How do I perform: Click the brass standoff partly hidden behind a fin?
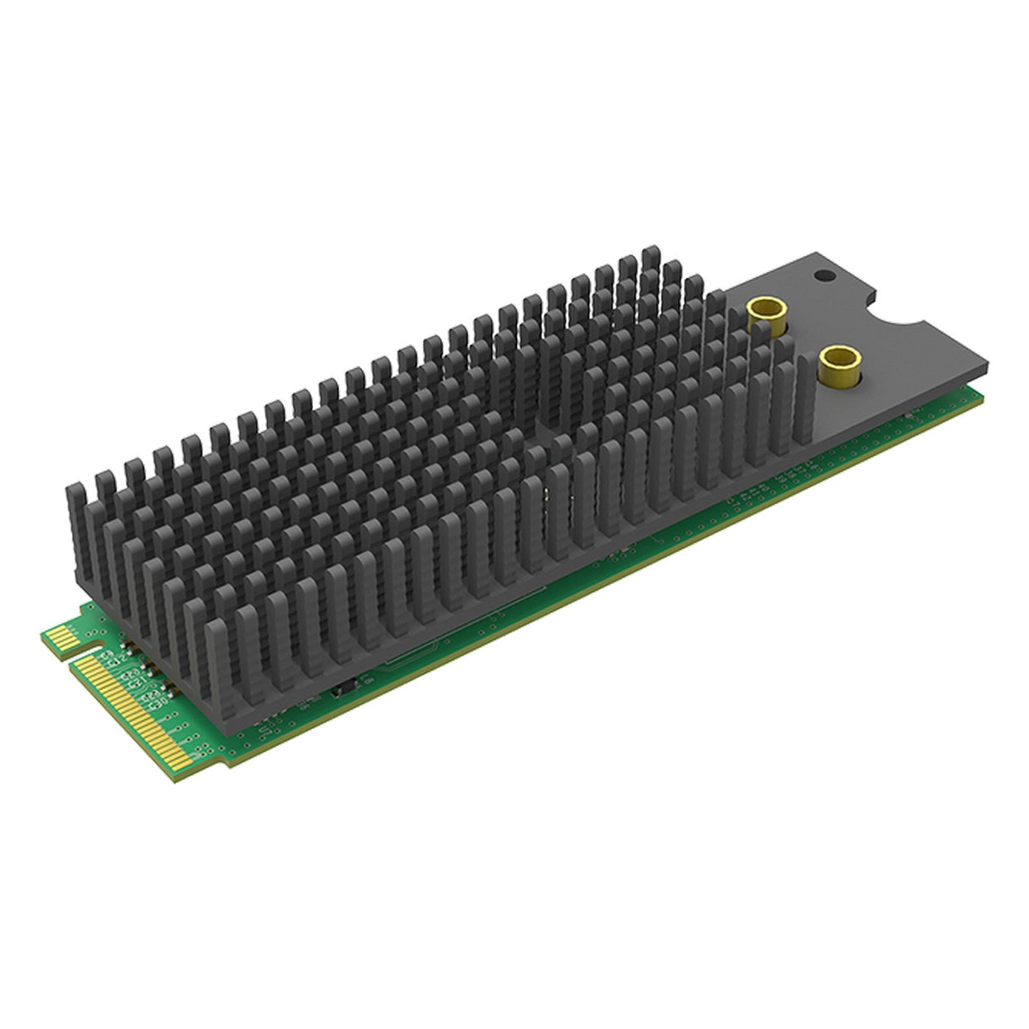766,314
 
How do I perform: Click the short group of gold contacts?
61,634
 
